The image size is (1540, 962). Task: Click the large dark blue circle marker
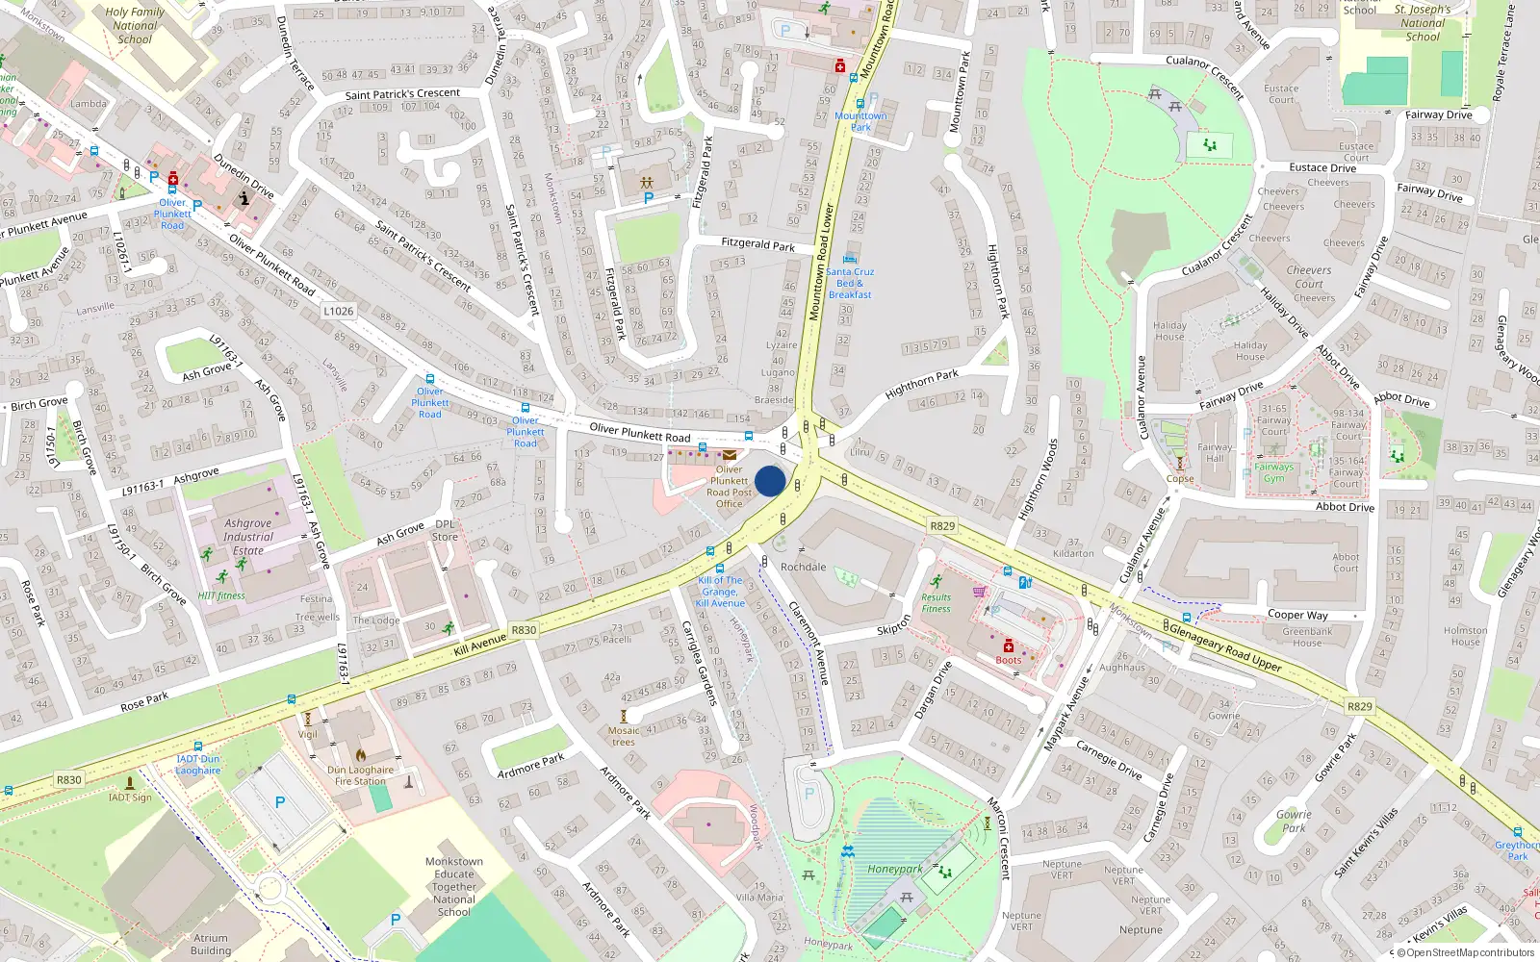770,481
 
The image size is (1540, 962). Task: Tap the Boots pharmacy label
1008,660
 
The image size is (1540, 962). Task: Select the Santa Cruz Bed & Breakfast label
850,283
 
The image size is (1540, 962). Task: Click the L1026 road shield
338,311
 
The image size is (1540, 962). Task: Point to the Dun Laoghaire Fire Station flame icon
361,755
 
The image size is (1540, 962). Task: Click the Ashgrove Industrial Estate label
248,537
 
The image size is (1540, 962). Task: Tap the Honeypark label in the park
894,869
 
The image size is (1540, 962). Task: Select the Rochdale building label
803,567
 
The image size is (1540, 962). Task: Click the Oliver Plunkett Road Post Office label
729,487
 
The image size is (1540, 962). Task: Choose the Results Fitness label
936,603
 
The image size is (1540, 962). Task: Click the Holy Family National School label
135,26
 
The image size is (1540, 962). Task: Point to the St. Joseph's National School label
1423,23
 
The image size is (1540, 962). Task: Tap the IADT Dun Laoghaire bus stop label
198,765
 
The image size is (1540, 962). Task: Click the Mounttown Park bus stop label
860,121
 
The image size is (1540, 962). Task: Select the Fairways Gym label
1273,472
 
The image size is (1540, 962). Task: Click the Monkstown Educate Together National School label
454,887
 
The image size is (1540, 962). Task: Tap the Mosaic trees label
623,736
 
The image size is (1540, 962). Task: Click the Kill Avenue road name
479,645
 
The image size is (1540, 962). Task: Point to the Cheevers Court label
1309,277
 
